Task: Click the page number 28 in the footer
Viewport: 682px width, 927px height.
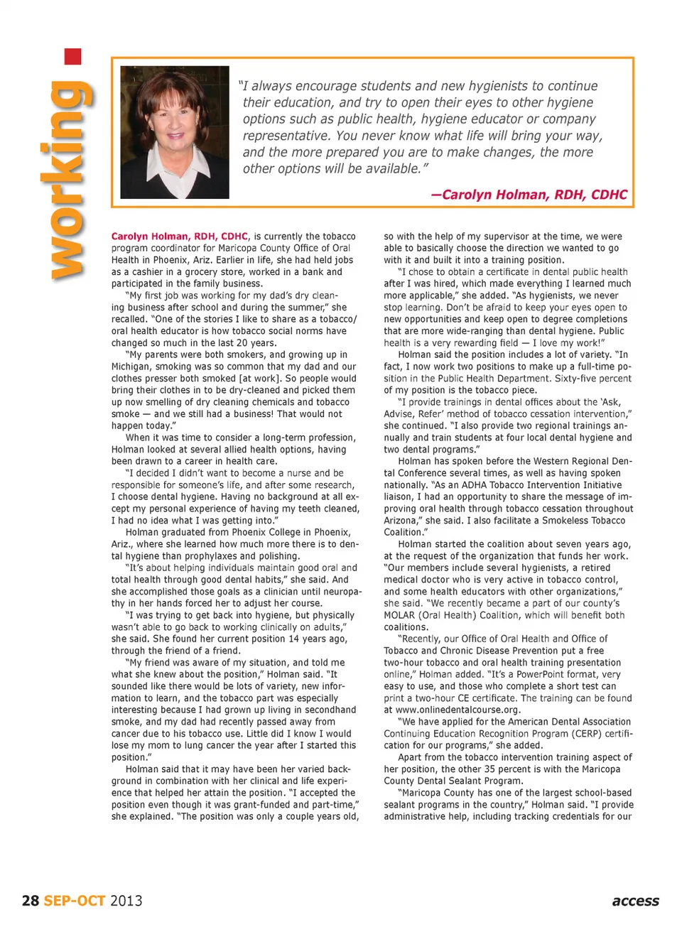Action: click(x=31, y=901)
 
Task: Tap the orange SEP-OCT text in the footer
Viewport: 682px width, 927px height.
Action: click(x=75, y=901)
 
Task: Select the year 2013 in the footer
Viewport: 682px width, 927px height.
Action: click(x=126, y=901)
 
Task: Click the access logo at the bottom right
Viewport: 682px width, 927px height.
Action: click(x=635, y=901)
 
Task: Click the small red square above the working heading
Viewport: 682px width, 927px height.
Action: click(x=72, y=57)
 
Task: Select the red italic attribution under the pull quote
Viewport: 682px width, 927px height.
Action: click(x=529, y=195)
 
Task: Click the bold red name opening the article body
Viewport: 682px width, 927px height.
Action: click(x=180, y=237)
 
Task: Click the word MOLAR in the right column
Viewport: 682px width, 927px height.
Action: click(x=400, y=615)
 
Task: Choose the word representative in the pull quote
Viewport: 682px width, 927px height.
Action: click(x=286, y=136)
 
